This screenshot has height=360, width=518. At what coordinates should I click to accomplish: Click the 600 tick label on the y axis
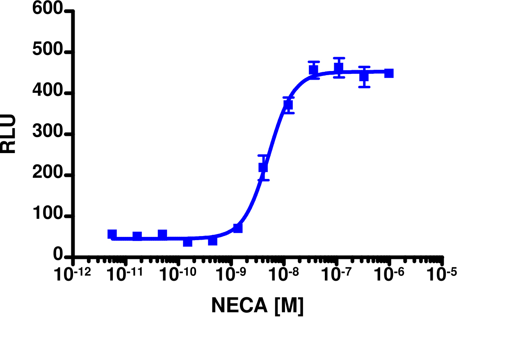[x=48, y=10]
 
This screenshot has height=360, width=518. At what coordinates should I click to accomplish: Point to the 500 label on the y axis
[x=48, y=52]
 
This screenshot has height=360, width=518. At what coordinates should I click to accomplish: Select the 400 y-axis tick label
[x=48, y=93]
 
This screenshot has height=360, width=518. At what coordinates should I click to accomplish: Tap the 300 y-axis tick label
[x=48, y=134]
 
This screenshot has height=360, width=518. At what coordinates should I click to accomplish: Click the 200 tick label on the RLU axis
[x=48, y=175]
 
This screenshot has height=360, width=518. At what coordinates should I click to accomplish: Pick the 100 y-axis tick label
[x=48, y=216]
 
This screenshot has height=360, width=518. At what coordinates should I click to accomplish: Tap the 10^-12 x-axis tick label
[x=73, y=275]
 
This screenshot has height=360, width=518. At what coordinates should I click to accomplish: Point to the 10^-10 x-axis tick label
[x=178, y=275]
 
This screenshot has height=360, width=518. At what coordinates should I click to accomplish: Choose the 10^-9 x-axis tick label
[x=231, y=275]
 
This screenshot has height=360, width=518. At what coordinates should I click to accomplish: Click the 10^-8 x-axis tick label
[x=284, y=275]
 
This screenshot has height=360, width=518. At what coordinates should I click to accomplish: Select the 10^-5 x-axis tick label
[x=442, y=275]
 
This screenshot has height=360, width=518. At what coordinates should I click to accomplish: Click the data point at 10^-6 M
[x=389, y=73]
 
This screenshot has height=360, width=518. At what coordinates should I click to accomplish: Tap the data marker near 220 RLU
[x=263, y=167]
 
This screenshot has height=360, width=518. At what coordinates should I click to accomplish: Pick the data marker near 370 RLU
[x=288, y=105]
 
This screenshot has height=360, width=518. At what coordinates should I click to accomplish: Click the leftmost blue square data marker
[x=112, y=234]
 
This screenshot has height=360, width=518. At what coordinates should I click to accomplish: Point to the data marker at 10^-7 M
[x=339, y=68]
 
